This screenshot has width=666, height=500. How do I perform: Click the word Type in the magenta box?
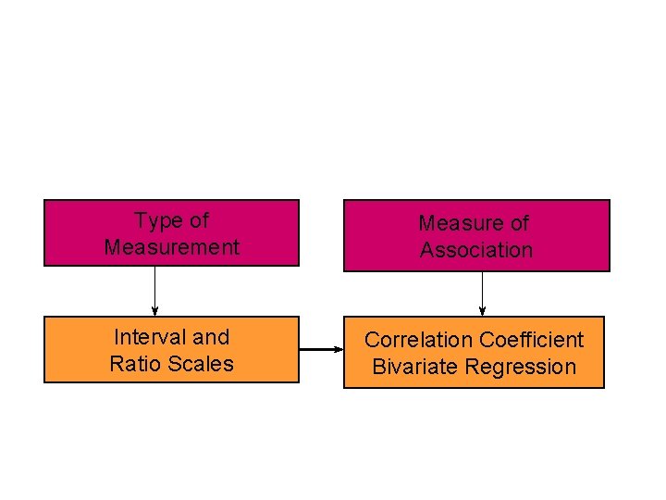coord(154,221)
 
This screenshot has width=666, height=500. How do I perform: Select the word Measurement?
coord(172,248)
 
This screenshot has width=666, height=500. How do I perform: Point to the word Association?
coord(476,250)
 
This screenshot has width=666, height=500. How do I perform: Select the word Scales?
coord(200,364)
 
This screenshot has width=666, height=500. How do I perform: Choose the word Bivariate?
coord(415,367)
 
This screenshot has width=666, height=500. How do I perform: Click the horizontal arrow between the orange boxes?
coord(321,349)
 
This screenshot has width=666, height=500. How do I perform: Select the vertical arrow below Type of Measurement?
coord(154,290)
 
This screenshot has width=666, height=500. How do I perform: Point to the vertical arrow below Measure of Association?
coord(482,293)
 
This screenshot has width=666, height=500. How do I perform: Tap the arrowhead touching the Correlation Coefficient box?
coord(338,349)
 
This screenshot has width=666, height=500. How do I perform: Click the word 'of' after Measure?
coord(518,223)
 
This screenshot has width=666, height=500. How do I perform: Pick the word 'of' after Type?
coord(198,221)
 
